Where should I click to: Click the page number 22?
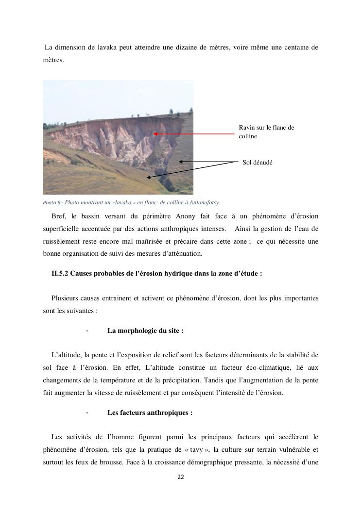click(x=181, y=477)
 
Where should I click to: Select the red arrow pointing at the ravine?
click(x=194, y=133)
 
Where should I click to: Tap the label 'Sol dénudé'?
click(x=258, y=163)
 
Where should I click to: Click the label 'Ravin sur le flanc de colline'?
click(x=266, y=132)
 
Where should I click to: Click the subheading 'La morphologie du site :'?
click(x=145, y=330)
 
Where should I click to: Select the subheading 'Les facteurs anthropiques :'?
click(x=150, y=412)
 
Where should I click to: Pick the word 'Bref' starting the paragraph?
click(x=57, y=216)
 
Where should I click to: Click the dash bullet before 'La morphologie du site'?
click(x=87, y=330)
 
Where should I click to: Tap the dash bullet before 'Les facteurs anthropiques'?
click(x=87, y=412)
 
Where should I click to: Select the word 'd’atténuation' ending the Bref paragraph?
click(x=184, y=254)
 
